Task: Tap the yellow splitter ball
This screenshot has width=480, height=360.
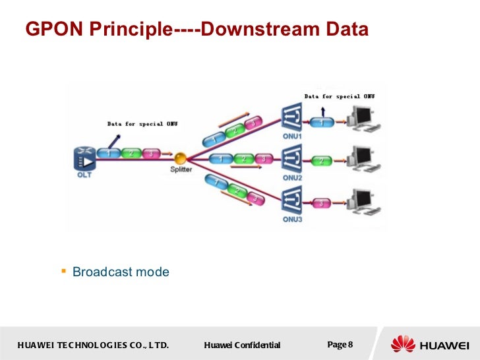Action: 180,159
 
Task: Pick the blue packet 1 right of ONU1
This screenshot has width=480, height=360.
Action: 322,123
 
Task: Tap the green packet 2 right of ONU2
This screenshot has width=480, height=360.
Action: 322,161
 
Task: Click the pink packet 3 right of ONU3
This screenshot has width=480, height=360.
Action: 322,202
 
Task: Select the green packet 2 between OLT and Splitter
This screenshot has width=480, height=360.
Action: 131,153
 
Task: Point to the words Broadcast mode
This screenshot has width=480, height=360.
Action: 121,272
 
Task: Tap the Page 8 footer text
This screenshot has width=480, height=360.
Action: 340,345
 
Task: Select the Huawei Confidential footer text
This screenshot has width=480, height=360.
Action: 242,345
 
